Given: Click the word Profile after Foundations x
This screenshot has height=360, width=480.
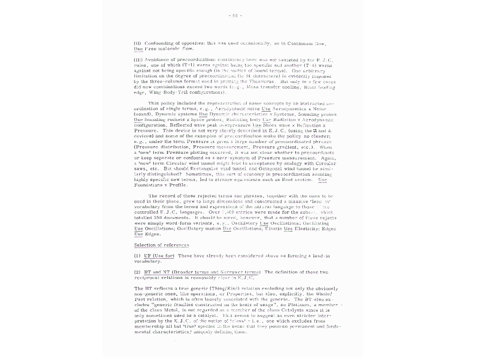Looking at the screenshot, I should [178, 185].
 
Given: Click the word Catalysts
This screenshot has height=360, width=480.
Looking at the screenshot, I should [285, 310].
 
